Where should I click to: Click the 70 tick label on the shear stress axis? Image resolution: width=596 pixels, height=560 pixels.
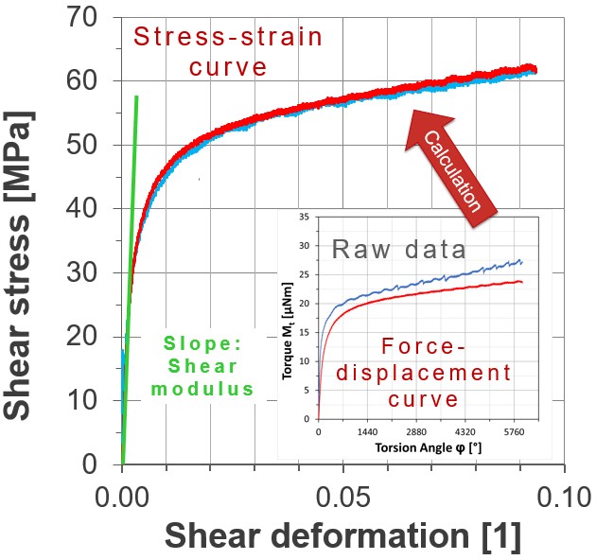87,17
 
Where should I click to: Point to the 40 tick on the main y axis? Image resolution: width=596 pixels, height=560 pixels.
87,209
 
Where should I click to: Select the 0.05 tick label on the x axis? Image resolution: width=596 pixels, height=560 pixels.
342,495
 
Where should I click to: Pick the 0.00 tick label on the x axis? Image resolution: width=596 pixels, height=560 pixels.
123,495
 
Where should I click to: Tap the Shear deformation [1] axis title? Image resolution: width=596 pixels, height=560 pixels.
342,536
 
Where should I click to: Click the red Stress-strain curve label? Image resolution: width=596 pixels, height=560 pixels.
227,52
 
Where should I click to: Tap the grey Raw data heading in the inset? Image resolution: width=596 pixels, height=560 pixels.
398,250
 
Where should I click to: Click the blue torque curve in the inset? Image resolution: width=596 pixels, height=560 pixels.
426,283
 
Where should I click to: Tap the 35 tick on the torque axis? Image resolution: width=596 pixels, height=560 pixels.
306,218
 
